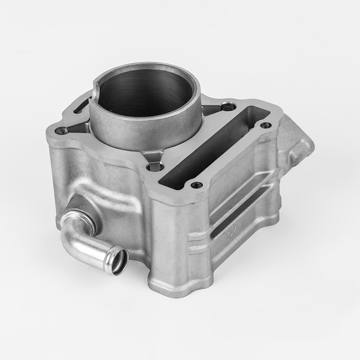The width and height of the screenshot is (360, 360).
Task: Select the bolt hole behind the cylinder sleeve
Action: (229, 107)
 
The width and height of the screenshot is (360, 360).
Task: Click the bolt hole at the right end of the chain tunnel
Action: (266, 125)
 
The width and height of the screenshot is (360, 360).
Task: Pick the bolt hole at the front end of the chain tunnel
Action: (196, 184)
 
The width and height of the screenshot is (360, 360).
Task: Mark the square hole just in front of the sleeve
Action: (155, 167)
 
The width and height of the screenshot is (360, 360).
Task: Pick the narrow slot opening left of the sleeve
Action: (81, 106)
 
